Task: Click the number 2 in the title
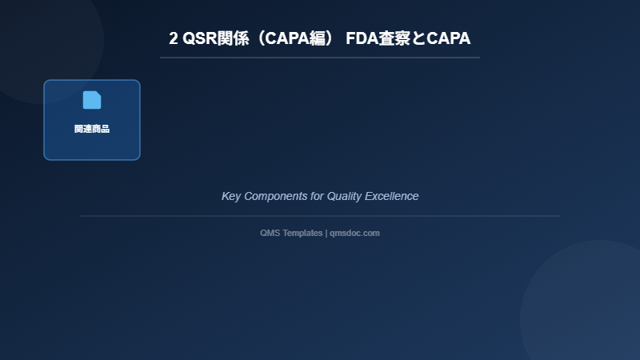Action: coord(174,38)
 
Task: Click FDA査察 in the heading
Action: coord(378,38)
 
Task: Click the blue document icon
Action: coord(92,100)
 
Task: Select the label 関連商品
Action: coord(92,129)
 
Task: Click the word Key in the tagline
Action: coord(230,196)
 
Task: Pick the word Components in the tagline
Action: coord(275,196)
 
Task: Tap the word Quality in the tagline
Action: coord(345,196)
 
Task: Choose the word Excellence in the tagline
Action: coord(392,196)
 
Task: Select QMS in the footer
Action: coord(270,233)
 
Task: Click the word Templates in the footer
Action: coord(302,233)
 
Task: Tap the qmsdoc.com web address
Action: coord(354,233)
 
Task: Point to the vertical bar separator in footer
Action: coord(326,233)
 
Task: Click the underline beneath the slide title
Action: coord(320,58)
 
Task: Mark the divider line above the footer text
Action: coord(320,216)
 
